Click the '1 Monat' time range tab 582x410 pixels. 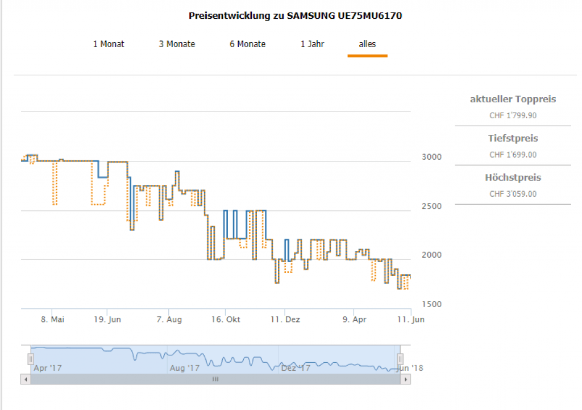point(109,44)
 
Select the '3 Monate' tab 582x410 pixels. point(177,44)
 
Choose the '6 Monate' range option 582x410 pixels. point(247,44)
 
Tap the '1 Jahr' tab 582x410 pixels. point(313,44)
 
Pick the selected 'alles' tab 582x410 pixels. point(367,44)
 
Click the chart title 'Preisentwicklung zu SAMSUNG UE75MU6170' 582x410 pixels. point(295,16)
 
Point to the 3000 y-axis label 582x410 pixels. point(432,157)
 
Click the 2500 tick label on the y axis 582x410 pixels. point(432,206)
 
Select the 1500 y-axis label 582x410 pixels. point(432,304)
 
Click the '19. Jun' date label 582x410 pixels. point(107,320)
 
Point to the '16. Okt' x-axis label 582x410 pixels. point(225,320)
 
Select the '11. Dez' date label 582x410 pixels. point(285,320)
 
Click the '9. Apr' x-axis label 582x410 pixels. point(354,320)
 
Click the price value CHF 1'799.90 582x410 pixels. point(513,115)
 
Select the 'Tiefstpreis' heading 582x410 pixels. point(513,138)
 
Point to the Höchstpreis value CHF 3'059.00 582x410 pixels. point(513,194)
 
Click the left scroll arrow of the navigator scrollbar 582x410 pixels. point(26,379)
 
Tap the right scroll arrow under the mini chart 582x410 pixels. point(405,379)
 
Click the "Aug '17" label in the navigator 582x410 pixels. point(185,368)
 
